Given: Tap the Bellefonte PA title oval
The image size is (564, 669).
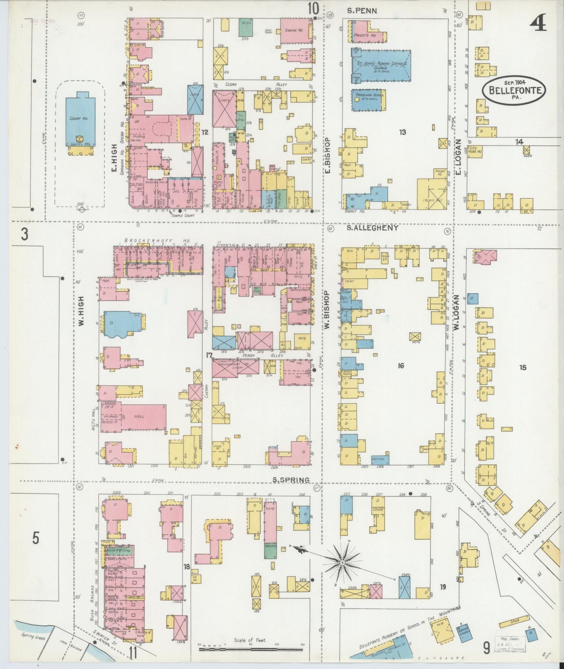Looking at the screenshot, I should click(513, 90).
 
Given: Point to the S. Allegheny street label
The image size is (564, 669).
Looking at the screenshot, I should click(372, 228).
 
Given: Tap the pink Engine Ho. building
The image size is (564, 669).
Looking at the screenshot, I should click(296, 30).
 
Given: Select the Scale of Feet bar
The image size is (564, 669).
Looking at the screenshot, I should click(251, 649).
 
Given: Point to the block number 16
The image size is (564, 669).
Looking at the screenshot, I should click(400, 365).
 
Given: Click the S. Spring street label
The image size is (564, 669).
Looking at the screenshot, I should click(291, 479).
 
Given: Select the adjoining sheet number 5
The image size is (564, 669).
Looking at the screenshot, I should click(36, 539).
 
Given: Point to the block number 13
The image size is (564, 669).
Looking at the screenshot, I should click(402, 132).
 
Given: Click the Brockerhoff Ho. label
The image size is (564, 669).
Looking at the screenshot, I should click(157, 241).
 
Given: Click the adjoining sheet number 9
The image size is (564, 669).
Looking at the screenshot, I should click(486, 649).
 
